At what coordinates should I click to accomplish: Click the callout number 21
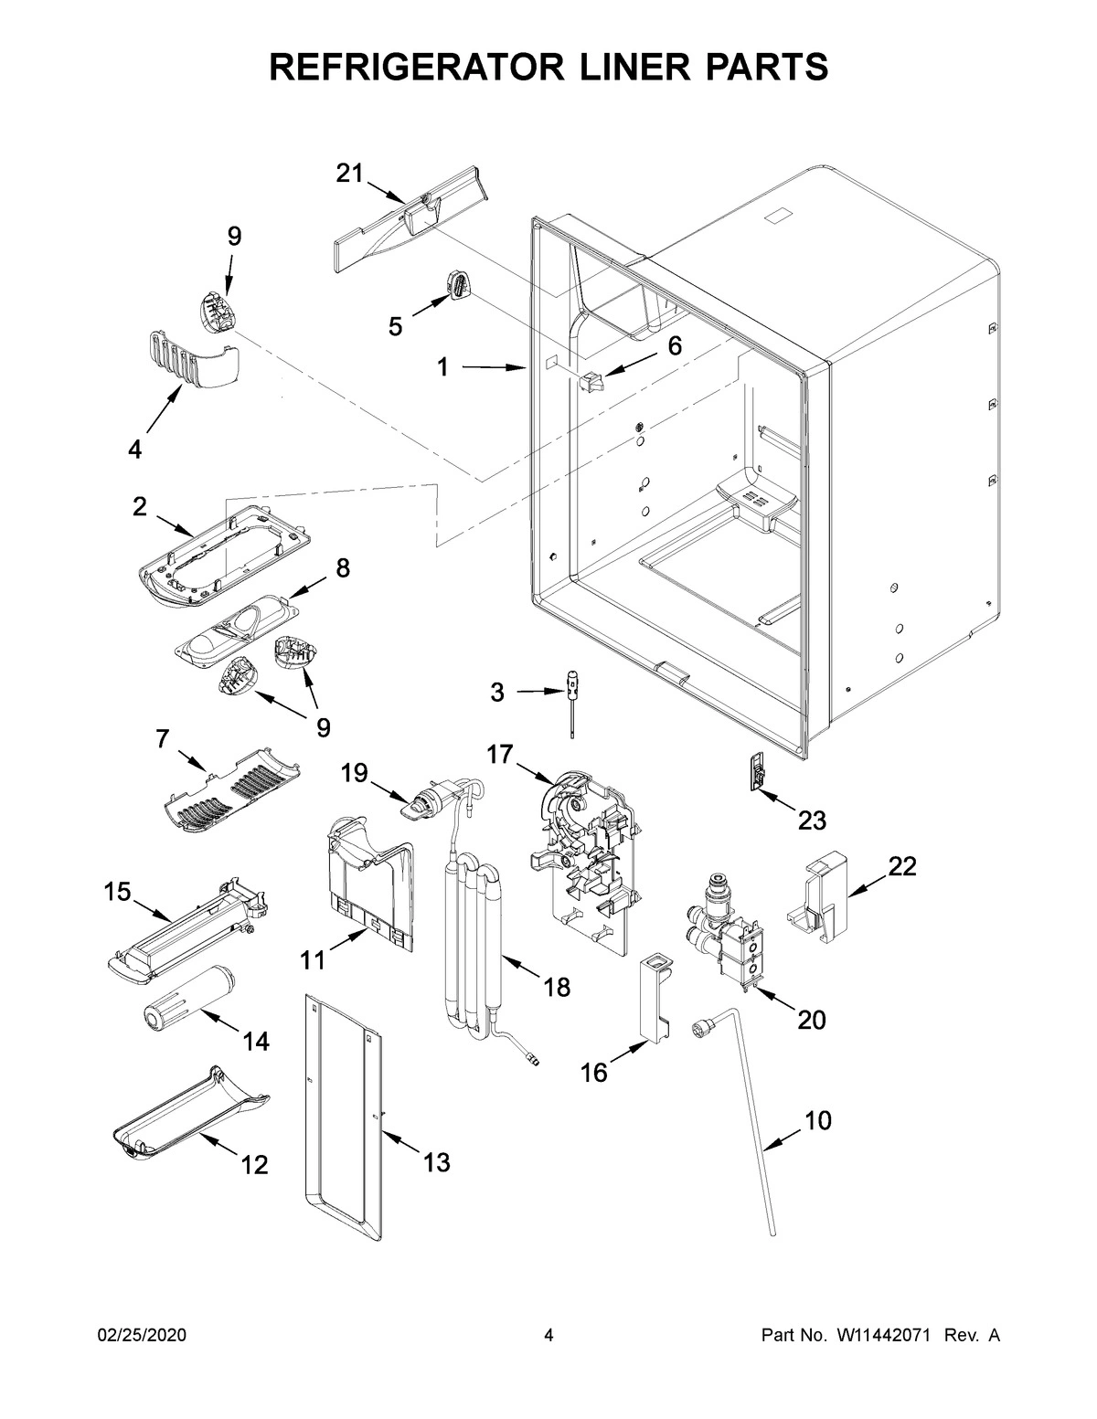pyautogui.click(x=349, y=174)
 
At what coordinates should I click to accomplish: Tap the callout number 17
pyautogui.click(x=499, y=754)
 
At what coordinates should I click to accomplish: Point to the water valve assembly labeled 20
pyautogui.click(x=724, y=930)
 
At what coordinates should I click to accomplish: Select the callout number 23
pyautogui.click(x=811, y=820)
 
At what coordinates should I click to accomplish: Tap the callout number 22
pyautogui.click(x=901, y=866)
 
